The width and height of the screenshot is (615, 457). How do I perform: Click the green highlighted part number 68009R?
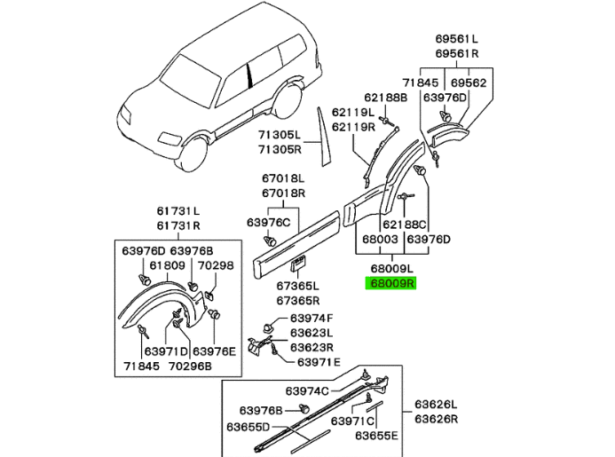[392, 283]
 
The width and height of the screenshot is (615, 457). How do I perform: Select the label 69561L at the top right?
[456, 38]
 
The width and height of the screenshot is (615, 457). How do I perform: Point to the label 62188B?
[384, 97]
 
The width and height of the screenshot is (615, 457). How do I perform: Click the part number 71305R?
[280, 150]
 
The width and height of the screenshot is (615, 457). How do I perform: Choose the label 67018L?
[283, 178]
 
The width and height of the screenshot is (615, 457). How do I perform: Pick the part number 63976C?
[269, 222]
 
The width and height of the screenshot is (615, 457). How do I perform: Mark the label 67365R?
[296, 300]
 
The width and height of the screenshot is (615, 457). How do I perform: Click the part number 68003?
[379, 239]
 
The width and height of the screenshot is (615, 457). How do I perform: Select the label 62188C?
[405, 225]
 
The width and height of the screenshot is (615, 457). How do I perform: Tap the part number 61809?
[167, 264]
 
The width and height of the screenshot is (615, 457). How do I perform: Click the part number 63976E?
[215, 351]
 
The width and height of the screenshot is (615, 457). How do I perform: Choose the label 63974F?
[311, 319]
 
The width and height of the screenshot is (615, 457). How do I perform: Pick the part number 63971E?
[318, 361]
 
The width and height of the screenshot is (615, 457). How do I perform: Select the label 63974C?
[307, 390]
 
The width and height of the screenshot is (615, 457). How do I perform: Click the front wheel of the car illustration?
[191, 154]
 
